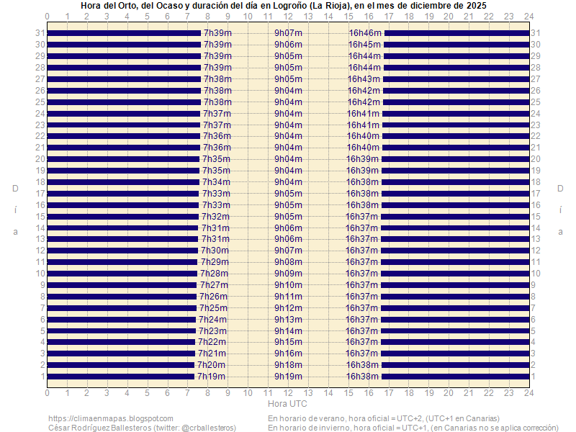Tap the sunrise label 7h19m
[x=211, y=377]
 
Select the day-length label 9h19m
[x=288, y=377]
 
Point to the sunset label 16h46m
[x=365, y=33]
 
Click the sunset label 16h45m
[x=365, y=45]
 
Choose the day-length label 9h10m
[x=288, y=285]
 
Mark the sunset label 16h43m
[x=364, y=79]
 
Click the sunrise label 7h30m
[x=215, y=251]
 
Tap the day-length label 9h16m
[x=288, y=354]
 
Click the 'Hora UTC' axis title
[x=288, y=404]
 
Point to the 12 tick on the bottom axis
[x=288, y=393]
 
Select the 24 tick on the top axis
[x=528, y=16]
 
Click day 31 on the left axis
[x=40, y=33]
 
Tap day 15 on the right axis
[x=536, y=217]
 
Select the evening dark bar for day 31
[x=457, y=33]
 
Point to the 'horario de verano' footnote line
[x=384, y=418]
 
